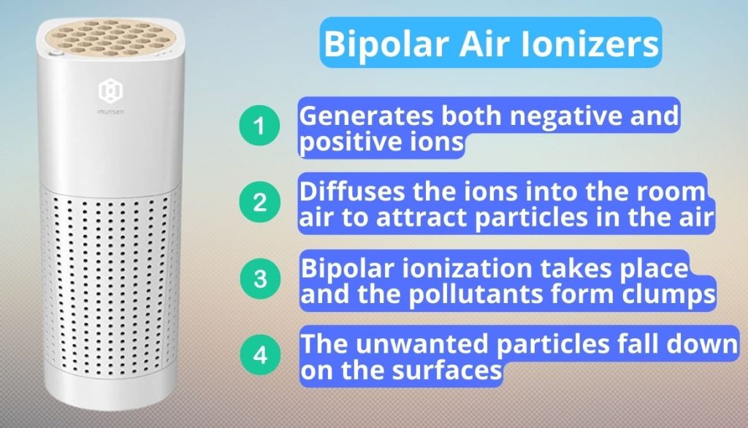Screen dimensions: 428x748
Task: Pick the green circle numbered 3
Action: (260, 278)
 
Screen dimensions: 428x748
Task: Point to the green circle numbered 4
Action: (260, 355)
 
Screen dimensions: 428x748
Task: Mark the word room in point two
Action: (673, 194)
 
